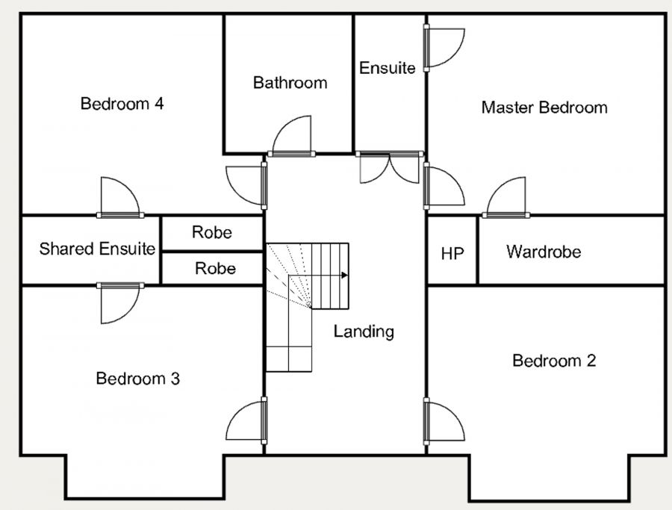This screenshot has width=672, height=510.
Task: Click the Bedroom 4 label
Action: tap(122, 104)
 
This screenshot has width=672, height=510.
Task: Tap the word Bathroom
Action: tap(290, 82)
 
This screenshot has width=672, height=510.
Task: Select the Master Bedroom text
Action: tap(544, 107)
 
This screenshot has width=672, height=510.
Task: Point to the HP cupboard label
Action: tap(452, 254)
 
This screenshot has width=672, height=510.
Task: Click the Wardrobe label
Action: tap(544, 252)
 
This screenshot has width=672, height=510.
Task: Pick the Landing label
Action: tap(364, 332)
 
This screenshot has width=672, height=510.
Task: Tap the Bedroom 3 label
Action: tap(138, 379)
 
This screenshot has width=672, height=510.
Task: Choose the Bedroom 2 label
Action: tap(554, 361)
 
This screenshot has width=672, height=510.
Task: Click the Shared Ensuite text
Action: tap(97, 249)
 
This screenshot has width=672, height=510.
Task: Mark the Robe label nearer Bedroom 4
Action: tap(212, 232)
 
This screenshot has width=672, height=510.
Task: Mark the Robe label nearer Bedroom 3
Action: tap(216, 268)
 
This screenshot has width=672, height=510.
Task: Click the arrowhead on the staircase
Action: tap(344, 275)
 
